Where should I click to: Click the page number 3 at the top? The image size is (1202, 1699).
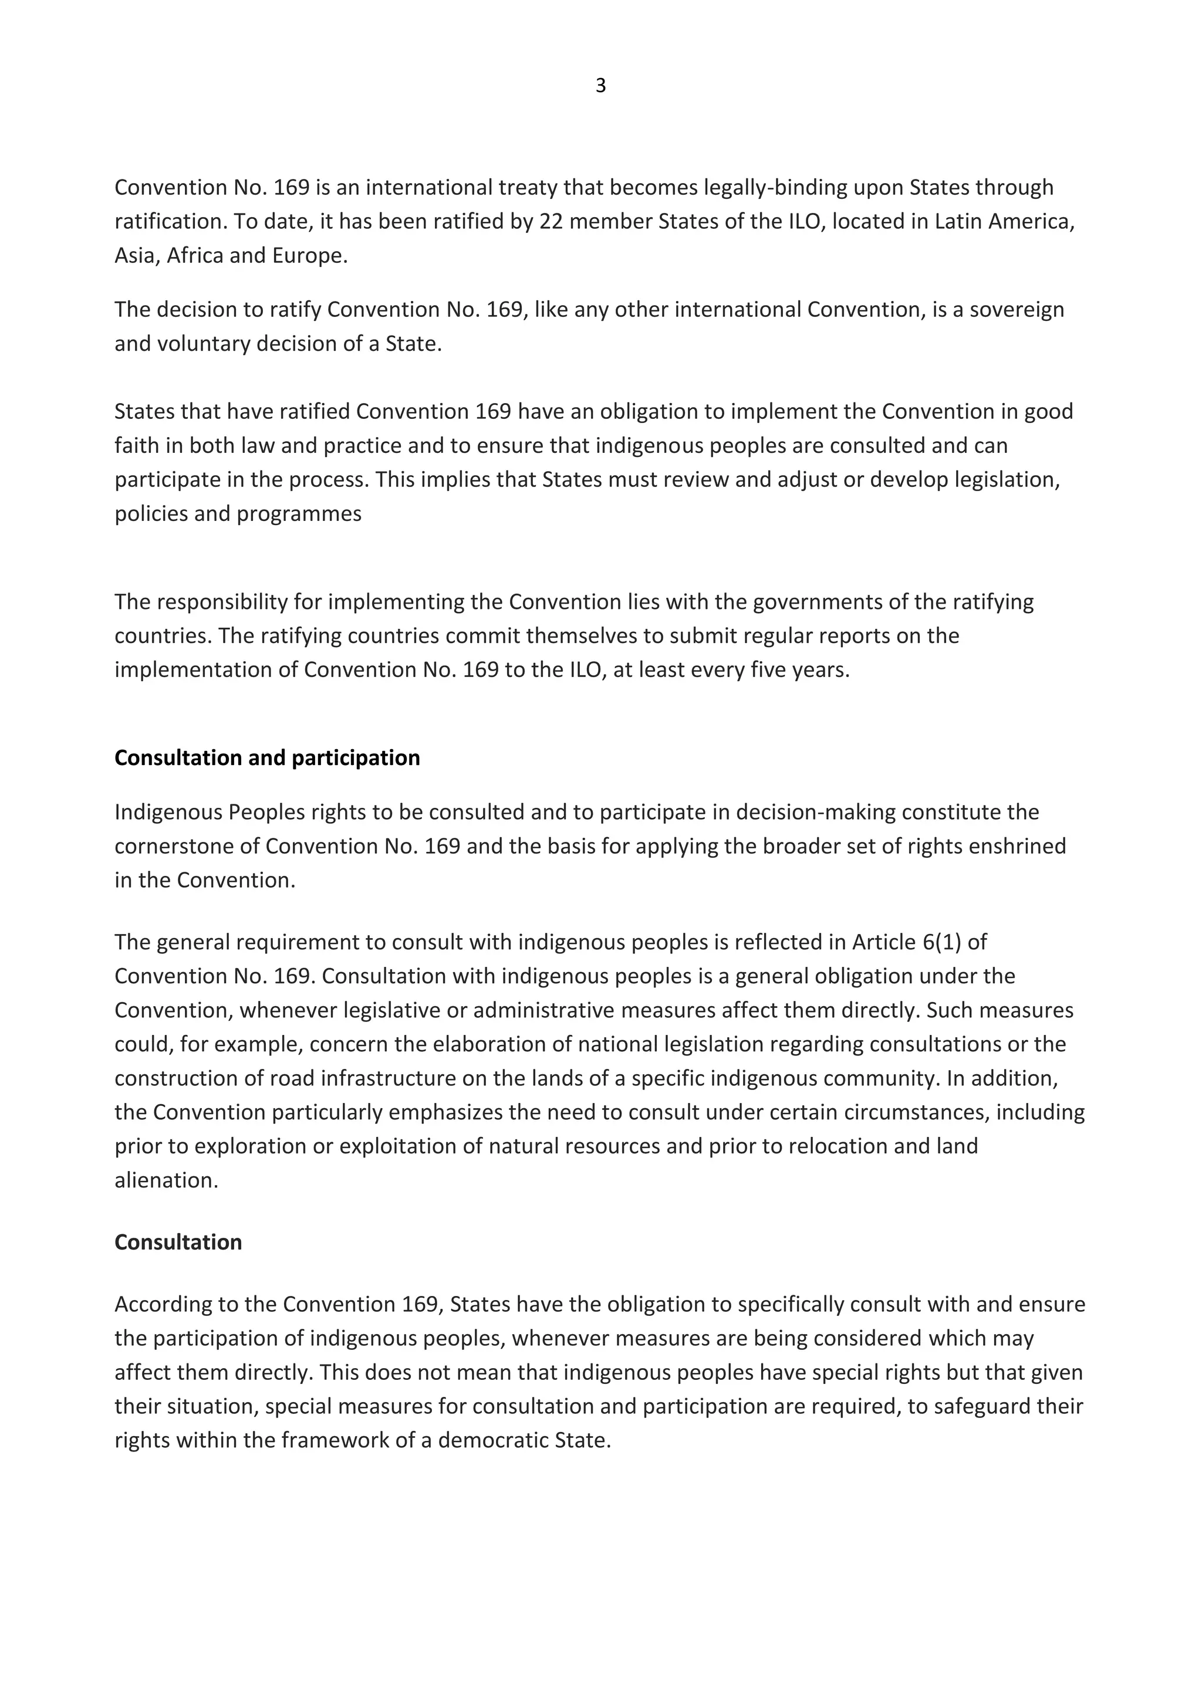coord(600,87)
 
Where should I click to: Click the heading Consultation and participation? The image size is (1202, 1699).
coord(266,758)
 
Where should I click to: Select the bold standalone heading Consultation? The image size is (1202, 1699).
coord(178,1242)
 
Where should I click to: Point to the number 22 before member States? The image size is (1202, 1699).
coord(552,221)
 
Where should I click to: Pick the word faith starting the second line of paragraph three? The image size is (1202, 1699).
coord(136,445)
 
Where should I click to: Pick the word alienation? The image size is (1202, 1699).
coord(166,1180)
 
